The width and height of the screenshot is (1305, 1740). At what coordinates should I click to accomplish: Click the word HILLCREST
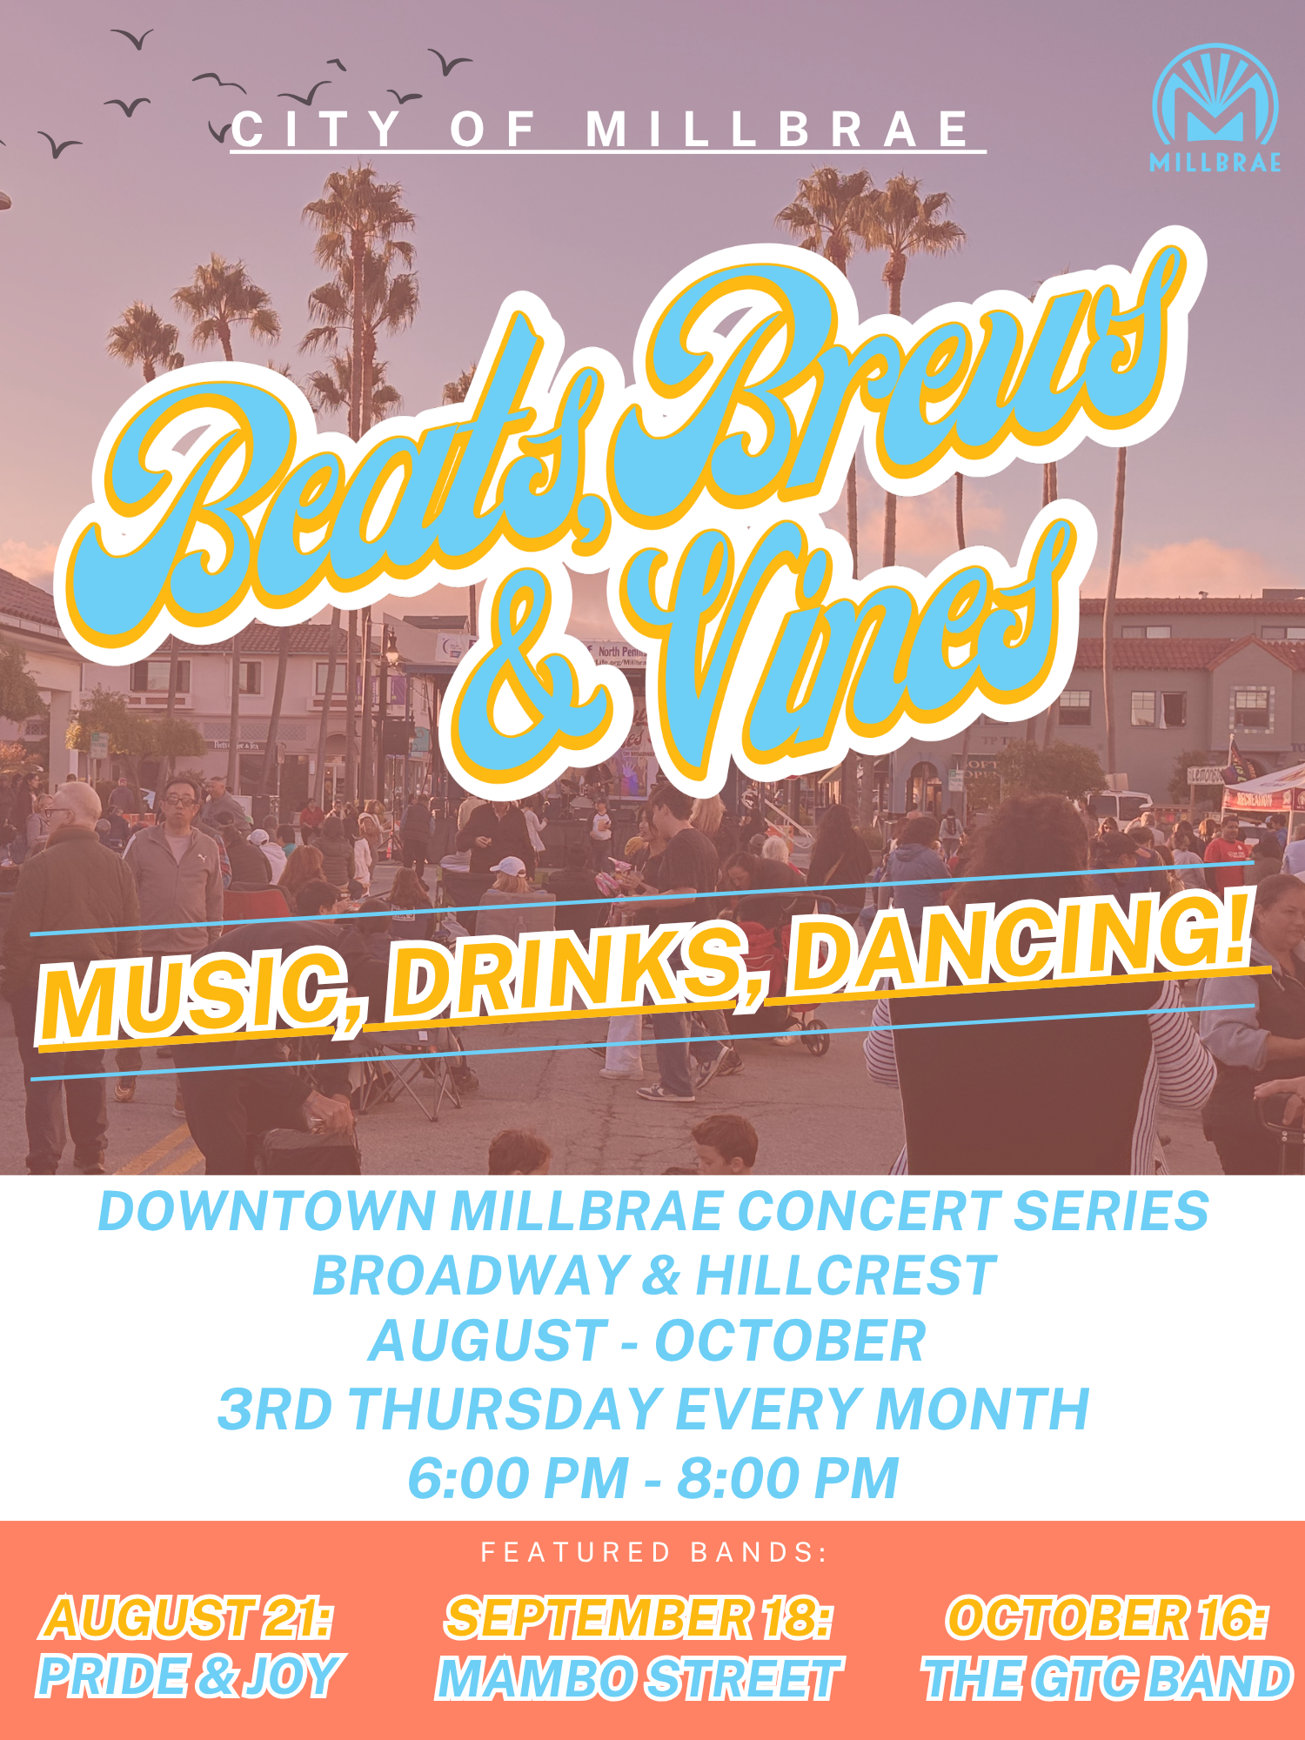point(845,1275)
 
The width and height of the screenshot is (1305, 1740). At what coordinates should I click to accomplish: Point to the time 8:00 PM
point(787,1478)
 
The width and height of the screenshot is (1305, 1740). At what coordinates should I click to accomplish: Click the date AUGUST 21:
point(188,1618)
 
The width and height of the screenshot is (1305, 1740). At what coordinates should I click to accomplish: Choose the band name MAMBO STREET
point(639,1678)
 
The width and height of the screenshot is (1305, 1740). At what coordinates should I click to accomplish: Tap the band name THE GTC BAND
point(1107,1678)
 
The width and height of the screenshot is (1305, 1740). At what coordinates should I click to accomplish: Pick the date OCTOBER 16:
point(1107,1618)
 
